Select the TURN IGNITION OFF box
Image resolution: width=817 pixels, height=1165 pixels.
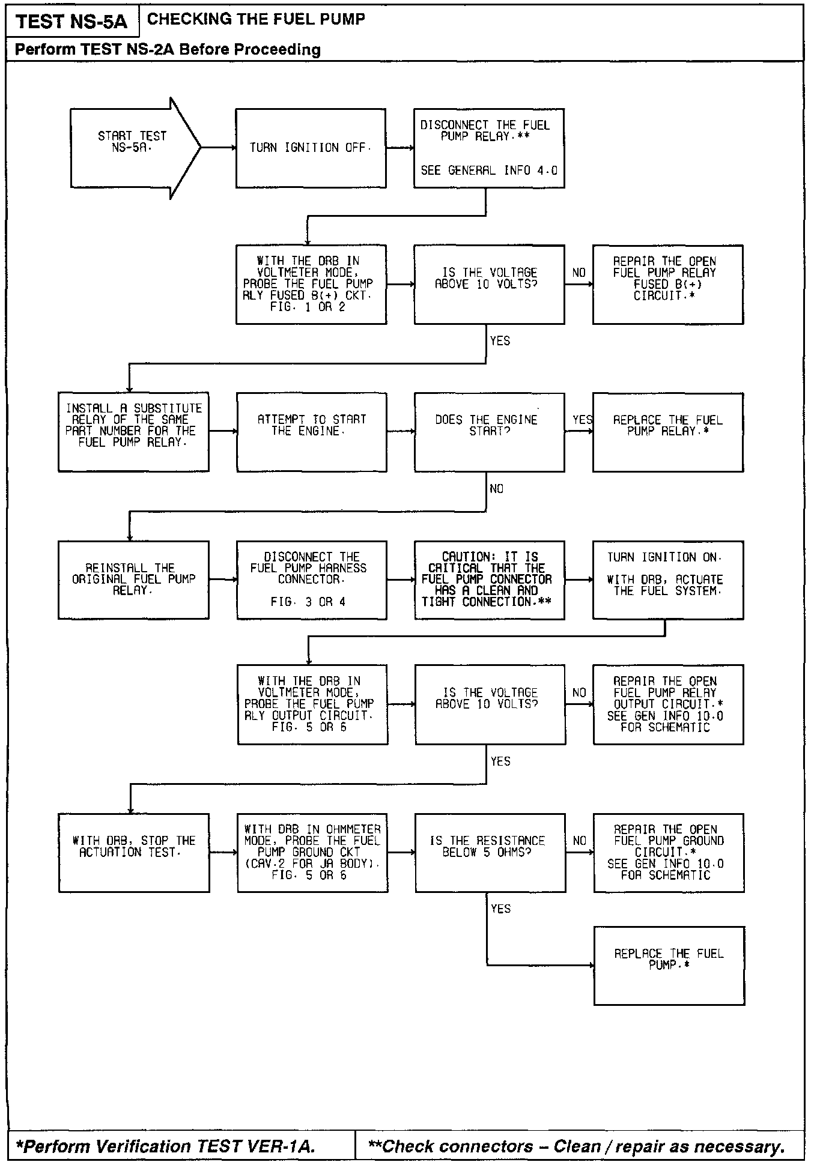311,148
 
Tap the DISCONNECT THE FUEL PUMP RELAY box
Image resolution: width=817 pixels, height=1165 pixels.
488,148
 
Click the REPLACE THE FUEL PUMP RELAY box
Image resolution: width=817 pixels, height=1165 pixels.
667,432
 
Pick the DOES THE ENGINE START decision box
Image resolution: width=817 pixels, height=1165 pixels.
489,432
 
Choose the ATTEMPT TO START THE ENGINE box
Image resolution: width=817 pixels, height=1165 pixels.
311,432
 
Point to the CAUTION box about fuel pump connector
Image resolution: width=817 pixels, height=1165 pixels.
489,580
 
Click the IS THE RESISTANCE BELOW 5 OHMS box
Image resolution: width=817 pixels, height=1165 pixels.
490,853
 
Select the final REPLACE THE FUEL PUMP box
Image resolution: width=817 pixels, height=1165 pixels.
669,965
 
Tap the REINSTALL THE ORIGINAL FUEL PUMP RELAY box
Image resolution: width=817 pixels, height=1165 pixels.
133,580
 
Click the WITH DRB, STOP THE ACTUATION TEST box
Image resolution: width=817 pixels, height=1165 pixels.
134,853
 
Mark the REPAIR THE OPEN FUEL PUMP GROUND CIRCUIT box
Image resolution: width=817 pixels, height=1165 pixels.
669,853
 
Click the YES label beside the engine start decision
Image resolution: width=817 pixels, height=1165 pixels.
582,420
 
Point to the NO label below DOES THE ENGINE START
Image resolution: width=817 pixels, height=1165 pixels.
496,489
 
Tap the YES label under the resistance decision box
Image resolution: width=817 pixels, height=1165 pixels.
500,909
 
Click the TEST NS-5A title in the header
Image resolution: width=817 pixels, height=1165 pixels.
71,22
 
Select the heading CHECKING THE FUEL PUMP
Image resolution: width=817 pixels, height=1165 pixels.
256,19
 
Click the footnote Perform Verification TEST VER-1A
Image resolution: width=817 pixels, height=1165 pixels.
165,1146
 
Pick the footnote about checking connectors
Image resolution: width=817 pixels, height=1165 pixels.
576,1146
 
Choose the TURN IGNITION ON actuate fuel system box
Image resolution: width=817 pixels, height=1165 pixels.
667,580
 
